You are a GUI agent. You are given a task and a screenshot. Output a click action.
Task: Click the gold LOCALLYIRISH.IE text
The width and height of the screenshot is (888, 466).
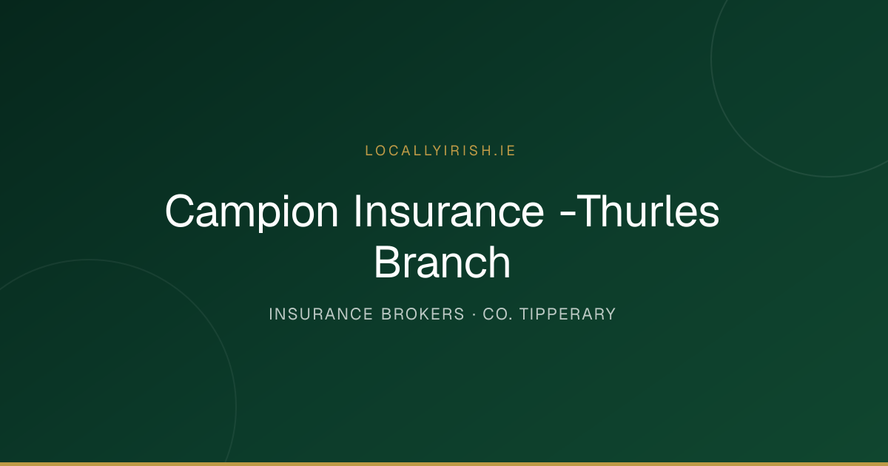point(440,151)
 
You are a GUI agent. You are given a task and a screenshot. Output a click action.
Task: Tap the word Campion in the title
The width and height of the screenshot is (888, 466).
point(252,212)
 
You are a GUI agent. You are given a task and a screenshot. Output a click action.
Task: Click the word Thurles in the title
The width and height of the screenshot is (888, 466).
point(647,211)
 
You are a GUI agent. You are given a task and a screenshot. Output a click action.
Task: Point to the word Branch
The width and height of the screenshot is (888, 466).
point(442,262)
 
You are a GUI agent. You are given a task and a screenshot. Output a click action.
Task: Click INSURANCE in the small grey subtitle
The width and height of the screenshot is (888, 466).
point(320,314)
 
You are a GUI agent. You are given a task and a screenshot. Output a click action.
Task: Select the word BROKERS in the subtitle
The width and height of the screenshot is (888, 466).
point(423,314)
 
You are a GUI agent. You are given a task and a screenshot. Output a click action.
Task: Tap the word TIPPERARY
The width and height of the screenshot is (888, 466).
point(568,314)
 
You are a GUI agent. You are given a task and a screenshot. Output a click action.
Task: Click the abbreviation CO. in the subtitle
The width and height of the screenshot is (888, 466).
point(497,314)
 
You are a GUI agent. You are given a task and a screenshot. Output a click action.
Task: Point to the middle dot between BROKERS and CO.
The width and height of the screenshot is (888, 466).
point(474,314)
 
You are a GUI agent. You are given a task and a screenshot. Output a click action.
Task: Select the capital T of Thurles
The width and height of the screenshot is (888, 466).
point(591,211)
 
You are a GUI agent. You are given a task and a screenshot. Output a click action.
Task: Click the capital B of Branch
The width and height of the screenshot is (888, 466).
point(388,262)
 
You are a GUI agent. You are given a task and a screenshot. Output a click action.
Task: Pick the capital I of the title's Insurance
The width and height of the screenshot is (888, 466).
point(357,211)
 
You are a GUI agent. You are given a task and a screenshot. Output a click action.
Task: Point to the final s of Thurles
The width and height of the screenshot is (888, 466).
point(709,215)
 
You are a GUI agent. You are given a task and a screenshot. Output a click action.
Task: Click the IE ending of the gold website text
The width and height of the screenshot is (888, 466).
point(508,151)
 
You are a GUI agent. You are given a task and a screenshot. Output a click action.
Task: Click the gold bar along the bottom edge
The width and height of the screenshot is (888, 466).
point(444,464)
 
